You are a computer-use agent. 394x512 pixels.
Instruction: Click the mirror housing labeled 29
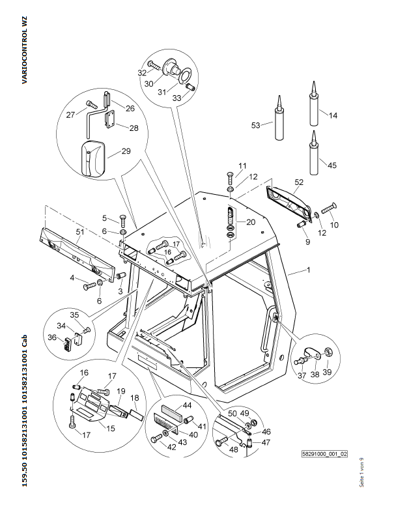click(92, 158)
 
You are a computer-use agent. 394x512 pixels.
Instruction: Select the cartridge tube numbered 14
click(314, 104)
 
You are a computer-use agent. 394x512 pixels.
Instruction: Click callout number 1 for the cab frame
click(308, 270)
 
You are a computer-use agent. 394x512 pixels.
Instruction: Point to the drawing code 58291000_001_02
click(324, 454)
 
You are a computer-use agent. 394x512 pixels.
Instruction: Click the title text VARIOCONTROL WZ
click(25, 50)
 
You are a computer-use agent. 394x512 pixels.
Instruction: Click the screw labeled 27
click(91, 104)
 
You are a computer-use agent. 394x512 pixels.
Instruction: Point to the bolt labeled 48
click(222, 442)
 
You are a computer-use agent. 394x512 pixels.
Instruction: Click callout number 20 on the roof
click(251, 222)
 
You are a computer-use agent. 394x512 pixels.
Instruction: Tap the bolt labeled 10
click(329, 208)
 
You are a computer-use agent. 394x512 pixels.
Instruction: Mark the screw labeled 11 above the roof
click(229, 178)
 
